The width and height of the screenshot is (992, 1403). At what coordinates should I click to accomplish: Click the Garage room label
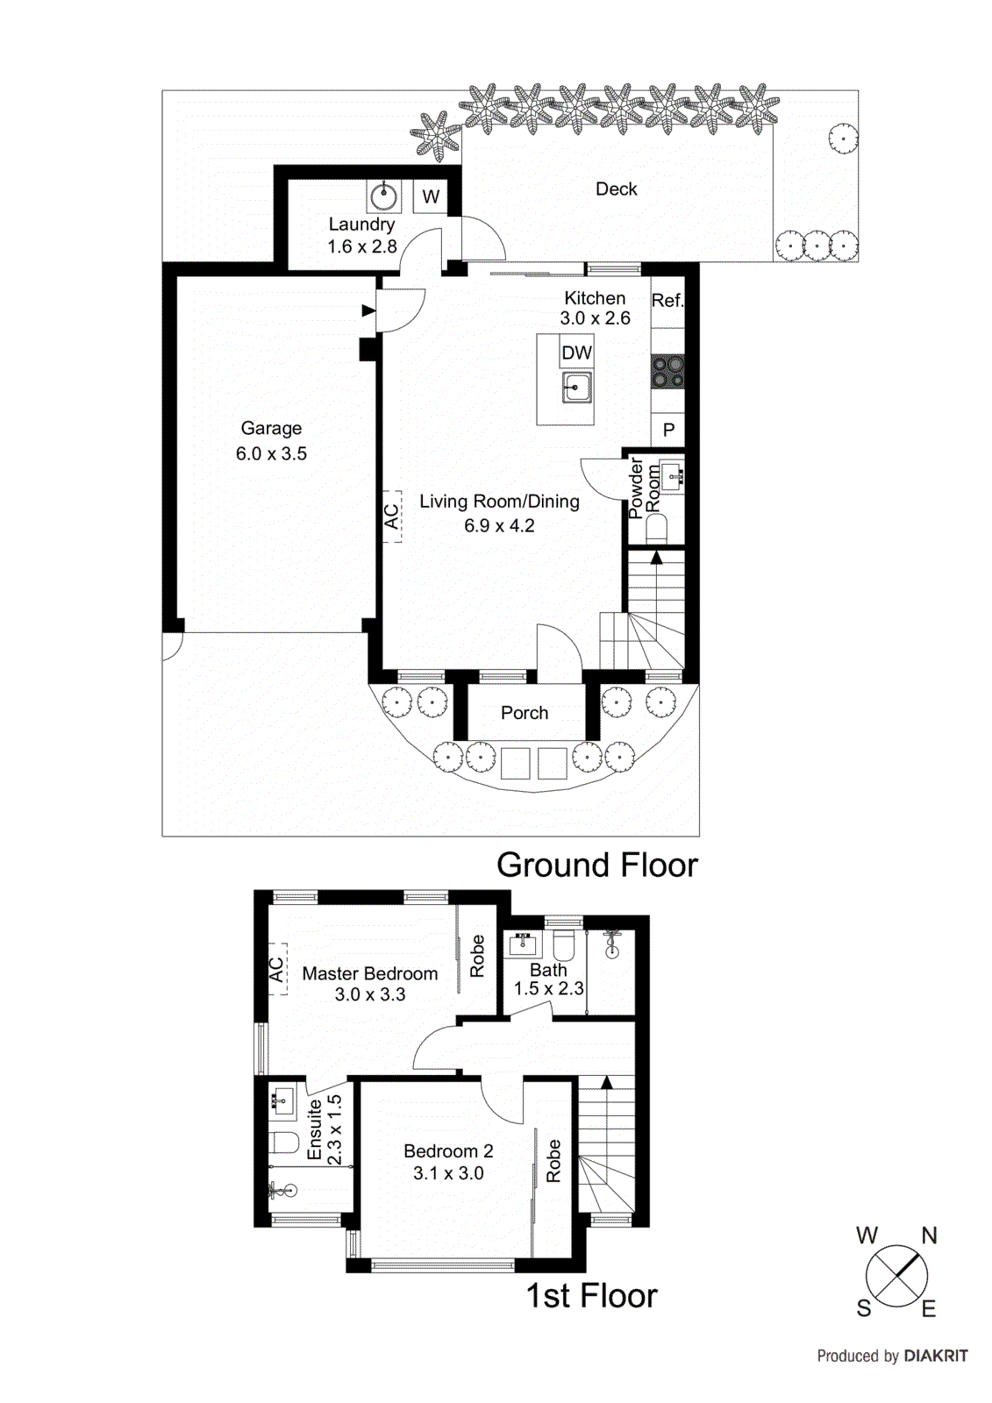271,429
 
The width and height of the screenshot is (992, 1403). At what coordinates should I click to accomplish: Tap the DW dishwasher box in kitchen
576,353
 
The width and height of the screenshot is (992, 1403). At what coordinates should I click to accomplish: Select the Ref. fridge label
667,301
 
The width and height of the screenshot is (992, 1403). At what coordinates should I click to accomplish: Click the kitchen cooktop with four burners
667,371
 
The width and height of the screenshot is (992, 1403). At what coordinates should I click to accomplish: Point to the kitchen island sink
576,387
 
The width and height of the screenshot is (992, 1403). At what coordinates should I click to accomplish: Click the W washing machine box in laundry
431,196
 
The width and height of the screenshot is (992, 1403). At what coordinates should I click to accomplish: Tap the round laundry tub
383,196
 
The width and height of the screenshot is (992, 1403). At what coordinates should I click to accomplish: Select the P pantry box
668,430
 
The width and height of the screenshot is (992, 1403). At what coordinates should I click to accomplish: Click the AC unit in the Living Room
392,516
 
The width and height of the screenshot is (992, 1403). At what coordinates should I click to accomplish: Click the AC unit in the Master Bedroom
277,969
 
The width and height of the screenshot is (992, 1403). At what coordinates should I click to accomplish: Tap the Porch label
525,713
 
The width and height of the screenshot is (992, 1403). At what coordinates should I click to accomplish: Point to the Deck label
616,189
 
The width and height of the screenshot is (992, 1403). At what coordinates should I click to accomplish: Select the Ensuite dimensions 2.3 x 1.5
334,1130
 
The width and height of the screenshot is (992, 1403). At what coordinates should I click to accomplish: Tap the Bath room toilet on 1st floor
563,946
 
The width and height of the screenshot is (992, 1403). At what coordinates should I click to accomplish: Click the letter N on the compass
929,1236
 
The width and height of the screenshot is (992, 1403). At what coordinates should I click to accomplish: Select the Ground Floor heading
596,865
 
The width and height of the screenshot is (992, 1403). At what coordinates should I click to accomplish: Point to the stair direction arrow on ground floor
655,557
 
